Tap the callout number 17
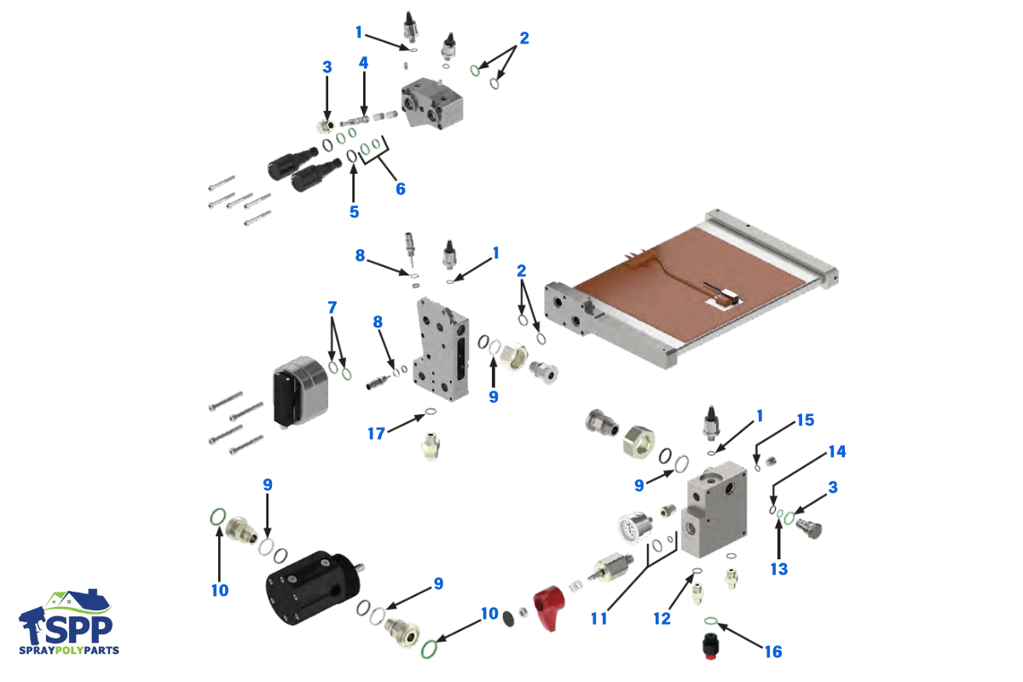pos(377,433)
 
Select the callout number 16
pos(772,651)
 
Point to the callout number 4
pos(363,63)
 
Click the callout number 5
pos(354,211)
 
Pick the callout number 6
pos(400,188)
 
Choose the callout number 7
pos(332,305)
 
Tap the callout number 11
pos(599,619)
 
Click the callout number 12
pos(662,619)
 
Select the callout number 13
pos(778,569)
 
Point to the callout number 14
pos(837,451)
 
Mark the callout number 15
pos(805,420)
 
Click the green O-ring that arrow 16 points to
pos(710,620)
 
